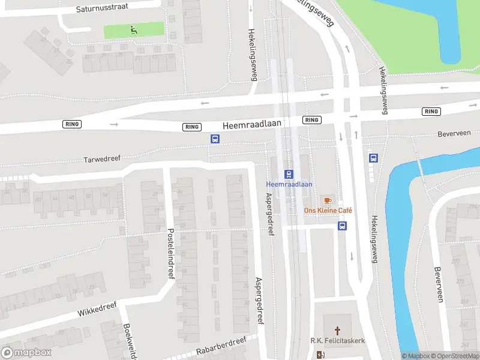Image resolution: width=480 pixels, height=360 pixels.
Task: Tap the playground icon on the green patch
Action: coord(133,29)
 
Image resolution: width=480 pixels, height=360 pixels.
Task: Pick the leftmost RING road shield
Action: coord(71,124)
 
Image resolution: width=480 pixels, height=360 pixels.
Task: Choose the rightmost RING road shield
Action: coord(431,112)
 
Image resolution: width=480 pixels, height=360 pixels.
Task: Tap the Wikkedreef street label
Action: coord(96,309)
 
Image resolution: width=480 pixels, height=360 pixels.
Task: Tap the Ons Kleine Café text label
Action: coord(328,211)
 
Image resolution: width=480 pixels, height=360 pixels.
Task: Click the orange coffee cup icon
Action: coord(327,200)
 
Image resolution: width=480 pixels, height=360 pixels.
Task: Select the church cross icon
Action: coord(337,331)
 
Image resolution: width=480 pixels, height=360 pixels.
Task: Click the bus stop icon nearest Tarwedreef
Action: coord(215,139)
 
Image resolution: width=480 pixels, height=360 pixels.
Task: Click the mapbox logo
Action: coord(26,353)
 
